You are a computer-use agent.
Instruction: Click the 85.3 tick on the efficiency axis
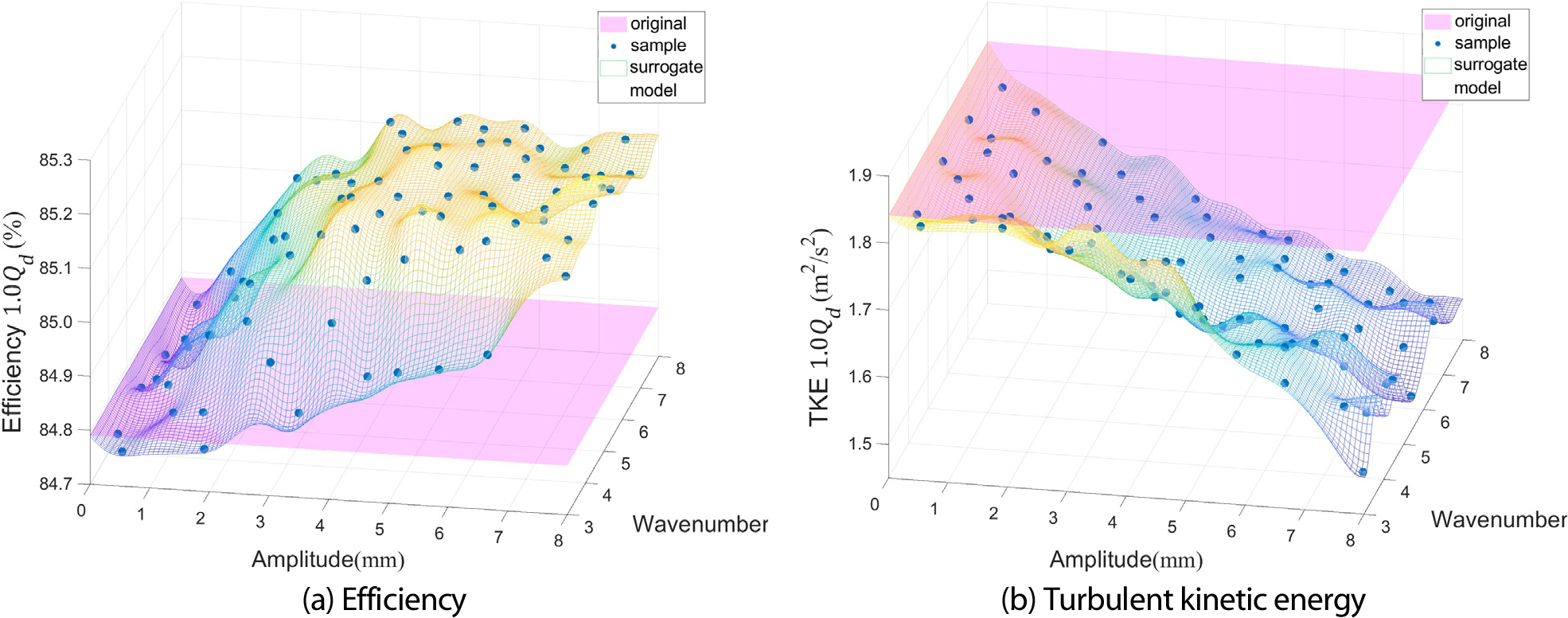point(56,160)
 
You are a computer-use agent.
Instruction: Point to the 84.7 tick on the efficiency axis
point(56,483)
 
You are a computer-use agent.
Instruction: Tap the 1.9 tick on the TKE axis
point(860,175)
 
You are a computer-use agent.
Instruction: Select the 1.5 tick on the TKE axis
point(860,444)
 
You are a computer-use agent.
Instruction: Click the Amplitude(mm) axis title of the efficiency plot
point(328,559)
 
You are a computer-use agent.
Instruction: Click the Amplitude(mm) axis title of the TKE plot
point(1125,560)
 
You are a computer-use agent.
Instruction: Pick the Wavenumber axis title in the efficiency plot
point(700,524)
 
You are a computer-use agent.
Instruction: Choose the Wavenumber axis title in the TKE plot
point(1498,519)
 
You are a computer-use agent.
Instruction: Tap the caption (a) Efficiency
point(384,599)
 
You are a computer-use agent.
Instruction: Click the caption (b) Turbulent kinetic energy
point(1183,599)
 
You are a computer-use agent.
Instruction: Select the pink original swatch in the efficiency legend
point(613,24)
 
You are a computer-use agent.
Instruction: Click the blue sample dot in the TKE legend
point(1437,43)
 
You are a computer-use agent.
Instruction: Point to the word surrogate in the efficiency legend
point(665,68)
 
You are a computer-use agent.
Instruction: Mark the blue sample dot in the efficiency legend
point(613,46)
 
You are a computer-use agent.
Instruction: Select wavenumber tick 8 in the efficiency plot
point(681,369)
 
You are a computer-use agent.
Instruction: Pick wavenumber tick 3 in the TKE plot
point(1386,526)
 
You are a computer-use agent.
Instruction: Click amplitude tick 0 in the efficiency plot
point(81,510)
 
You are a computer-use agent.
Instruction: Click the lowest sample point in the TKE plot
point(1363,472)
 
